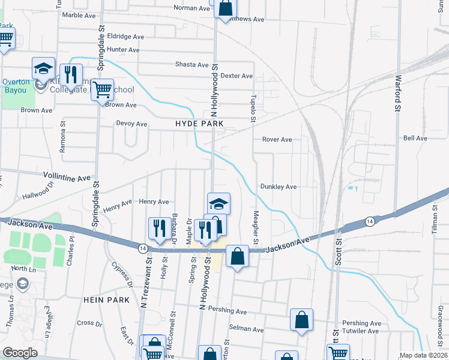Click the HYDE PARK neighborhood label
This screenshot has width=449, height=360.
tap(199, 124)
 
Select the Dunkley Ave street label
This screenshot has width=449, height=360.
tap(279, 187)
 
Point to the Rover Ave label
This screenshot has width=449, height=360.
tap(277, 139)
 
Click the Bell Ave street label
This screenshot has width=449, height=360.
tap(415, 138)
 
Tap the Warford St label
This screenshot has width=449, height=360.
tap(397, 92)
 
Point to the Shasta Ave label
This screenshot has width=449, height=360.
tap(191, 65)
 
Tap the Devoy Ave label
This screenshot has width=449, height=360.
tap(131, 124)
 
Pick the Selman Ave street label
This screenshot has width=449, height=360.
tap(247, 329)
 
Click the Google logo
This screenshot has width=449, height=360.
tap(20, 353)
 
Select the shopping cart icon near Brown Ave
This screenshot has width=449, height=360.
tap(103, 91)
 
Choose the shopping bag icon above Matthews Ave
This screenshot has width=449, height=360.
tap(226, 8)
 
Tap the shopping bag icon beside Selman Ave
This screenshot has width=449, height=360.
tap(301, 320)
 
